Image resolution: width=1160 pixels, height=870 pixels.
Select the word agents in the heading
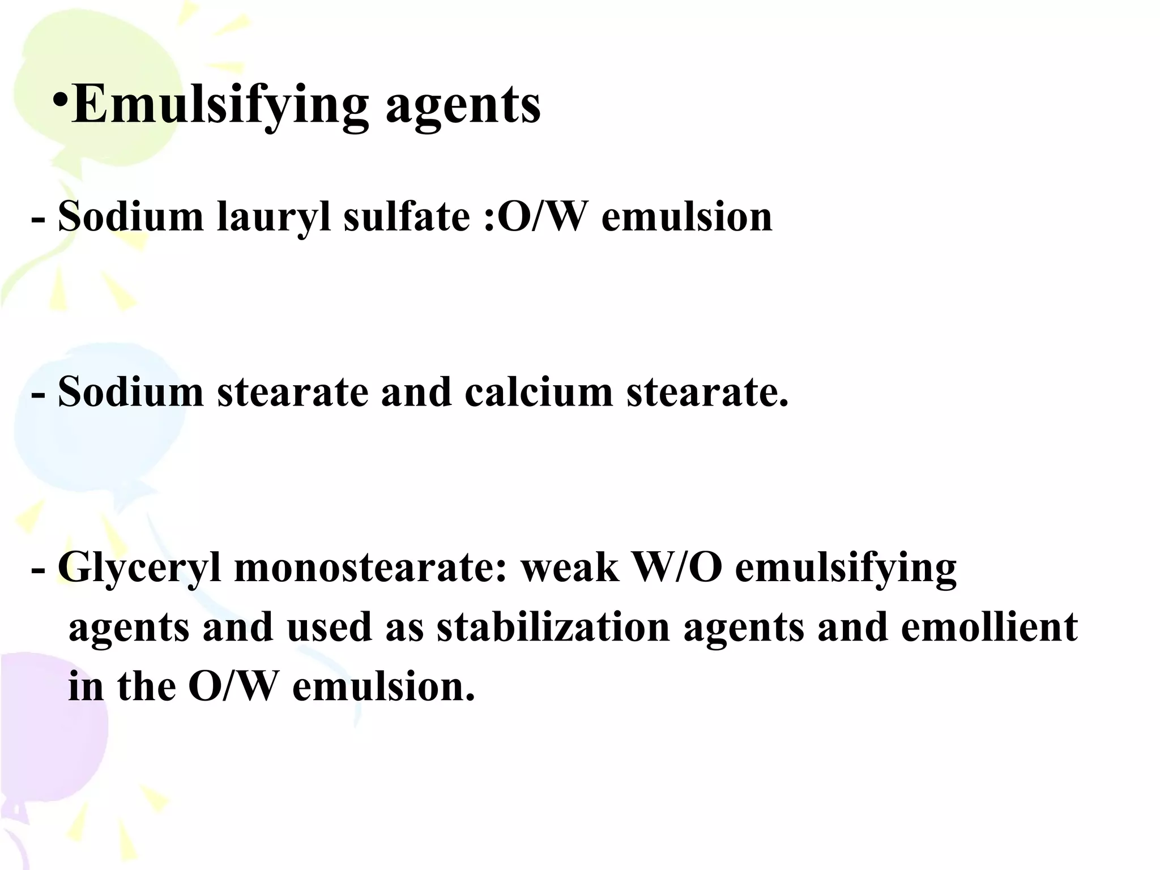(463, 106)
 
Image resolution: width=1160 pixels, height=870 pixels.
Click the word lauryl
(274, 217)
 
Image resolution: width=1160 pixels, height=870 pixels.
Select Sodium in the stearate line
(131, 392)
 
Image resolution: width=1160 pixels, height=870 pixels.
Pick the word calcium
(539, 392)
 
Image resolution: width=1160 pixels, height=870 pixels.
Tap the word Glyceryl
(139, 569)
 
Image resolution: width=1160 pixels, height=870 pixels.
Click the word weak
(570, 568)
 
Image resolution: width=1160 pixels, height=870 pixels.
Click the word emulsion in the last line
(383, 686)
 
